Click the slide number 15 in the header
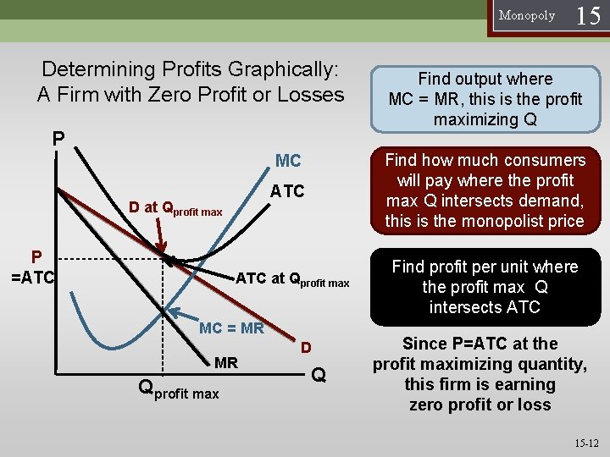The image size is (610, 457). (x=588, y=16)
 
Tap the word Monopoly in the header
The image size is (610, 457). (x=527, y=15)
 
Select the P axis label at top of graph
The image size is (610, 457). (x=58, y=137)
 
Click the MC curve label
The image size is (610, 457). (x=288, y=161)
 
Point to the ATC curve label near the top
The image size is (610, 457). (x=287, y=191)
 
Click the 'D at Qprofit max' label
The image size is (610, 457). (x=175, y=208)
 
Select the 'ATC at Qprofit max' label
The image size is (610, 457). (x=292, y=279)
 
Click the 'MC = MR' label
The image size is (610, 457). (x=231, y=328)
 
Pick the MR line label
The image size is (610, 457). (x=226, y=363)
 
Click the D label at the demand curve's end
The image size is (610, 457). (x=307, y=348)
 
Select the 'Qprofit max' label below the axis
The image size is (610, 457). (x=178, y=389)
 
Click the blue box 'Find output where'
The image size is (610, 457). (x=485, y=99)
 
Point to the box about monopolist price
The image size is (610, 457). (x=485, y=190)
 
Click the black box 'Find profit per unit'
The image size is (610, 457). (x=485, y=286)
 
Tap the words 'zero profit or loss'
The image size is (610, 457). (x=480, y=405)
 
